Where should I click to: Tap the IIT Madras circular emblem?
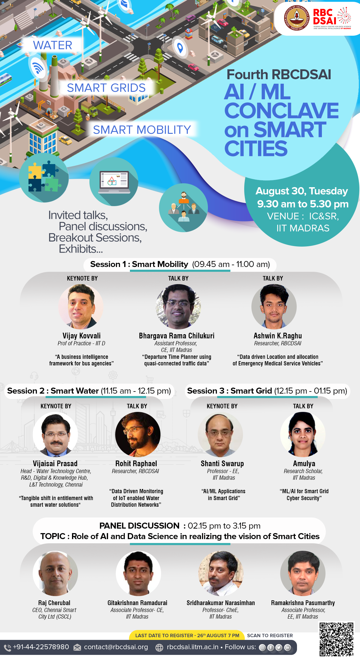tap(297, 18)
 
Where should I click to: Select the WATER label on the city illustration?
tap(52, 45)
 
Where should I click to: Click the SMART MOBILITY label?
tap(142, 130)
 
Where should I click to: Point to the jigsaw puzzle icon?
tap(44, 178)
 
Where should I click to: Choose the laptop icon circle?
tap(114, 182)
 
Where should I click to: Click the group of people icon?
tap(183, 208)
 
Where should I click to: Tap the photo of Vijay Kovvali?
tap(81, 307)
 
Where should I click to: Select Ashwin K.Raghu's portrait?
tap(274, 307)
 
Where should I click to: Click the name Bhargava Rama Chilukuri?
tap(177, 336)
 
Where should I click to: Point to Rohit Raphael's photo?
tap(138, 434)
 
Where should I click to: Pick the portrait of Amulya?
tap(303, 434)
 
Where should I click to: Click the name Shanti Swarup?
tap(222, 463)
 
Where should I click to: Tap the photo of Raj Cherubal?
tap(55, 573)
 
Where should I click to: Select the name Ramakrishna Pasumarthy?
tap(303, 603)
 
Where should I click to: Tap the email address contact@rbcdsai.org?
tap(116, 647)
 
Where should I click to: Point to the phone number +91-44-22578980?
tap(41, 647)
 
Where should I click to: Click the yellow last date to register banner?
tap(187, 635)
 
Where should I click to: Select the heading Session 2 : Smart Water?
tap(53, 391)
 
